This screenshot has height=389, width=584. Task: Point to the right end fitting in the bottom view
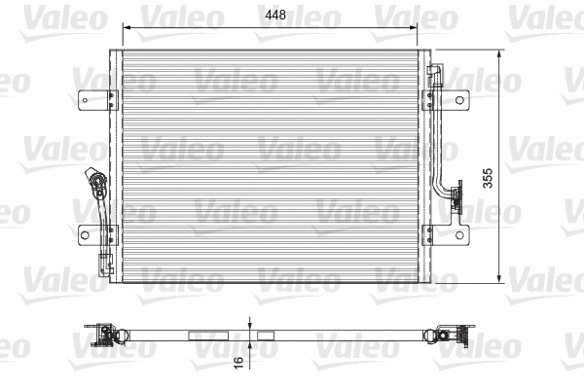[x=449, y=336]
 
